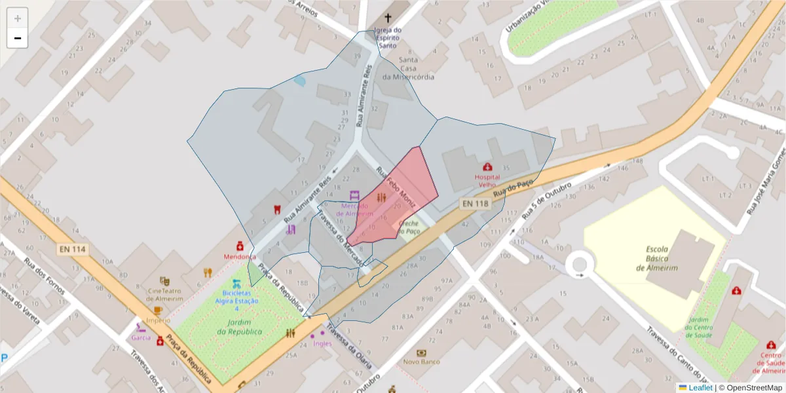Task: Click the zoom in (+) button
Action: pos(17,18)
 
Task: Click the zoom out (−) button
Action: pos(17,38)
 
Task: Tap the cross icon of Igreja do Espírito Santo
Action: pos(388,18)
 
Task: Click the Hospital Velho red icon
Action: pos(487,167)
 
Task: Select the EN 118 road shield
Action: pos(475,204)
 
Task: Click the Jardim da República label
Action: pos(240,327)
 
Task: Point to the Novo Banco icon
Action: pos(421,353)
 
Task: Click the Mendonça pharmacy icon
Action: pos(240,246)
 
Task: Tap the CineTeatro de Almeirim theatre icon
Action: pos(164,281)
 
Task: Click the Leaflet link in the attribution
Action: pos(700,387)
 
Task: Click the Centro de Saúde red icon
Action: pos(770,345)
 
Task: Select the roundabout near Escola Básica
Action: pos(580,265)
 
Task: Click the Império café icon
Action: pos(157,310)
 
